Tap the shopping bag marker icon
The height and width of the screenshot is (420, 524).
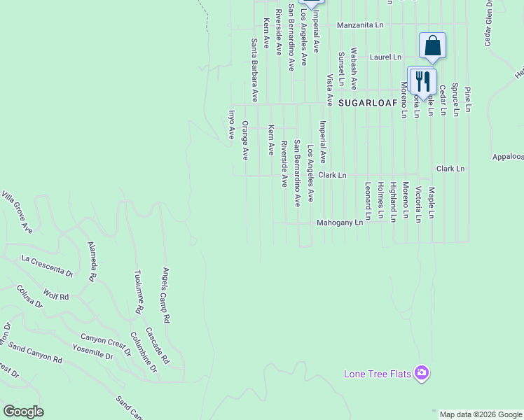433,46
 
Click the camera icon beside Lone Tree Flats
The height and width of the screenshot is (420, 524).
422,372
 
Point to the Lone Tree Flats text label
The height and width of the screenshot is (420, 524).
377,374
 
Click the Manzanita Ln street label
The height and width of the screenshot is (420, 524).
360,25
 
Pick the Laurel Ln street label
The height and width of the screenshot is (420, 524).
386,57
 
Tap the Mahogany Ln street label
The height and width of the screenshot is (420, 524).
340,223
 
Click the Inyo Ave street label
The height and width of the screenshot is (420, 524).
231,125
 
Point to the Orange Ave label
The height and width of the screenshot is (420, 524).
245,140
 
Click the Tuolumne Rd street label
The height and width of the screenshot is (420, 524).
139,293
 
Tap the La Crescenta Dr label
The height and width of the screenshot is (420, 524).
47,265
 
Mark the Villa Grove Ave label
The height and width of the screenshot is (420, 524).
18,211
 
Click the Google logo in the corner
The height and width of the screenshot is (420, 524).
23,412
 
